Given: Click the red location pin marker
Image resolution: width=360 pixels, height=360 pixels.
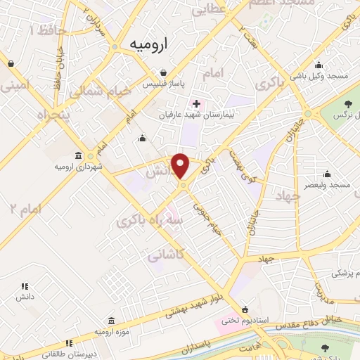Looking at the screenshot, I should [x=181, y=166].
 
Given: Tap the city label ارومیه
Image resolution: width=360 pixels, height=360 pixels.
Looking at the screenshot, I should [x=146, y=44].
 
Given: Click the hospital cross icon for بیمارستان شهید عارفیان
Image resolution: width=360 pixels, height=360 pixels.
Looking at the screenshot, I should [x=196, y=103].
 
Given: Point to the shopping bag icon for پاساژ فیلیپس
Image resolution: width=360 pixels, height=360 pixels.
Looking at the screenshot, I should [x=163, y=72].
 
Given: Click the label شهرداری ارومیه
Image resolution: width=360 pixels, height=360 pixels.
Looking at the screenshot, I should [x=75, y=167].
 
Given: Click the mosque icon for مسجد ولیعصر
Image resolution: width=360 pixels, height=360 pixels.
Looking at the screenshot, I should [x=327, y=174].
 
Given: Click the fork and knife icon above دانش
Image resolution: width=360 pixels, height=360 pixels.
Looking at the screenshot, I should [x=25, y=286].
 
